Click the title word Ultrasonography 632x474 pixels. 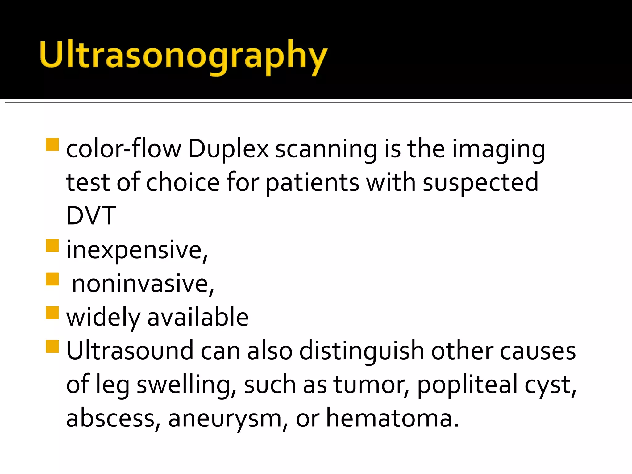point(183,56)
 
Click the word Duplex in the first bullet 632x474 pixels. point(228,149)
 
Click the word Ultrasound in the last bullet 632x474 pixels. point(130,351)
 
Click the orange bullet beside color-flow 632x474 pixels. point(52,144)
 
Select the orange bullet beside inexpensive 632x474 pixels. point(52,246)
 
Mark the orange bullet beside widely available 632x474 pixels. point(52,313)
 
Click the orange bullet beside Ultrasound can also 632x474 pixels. point(52,346)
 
